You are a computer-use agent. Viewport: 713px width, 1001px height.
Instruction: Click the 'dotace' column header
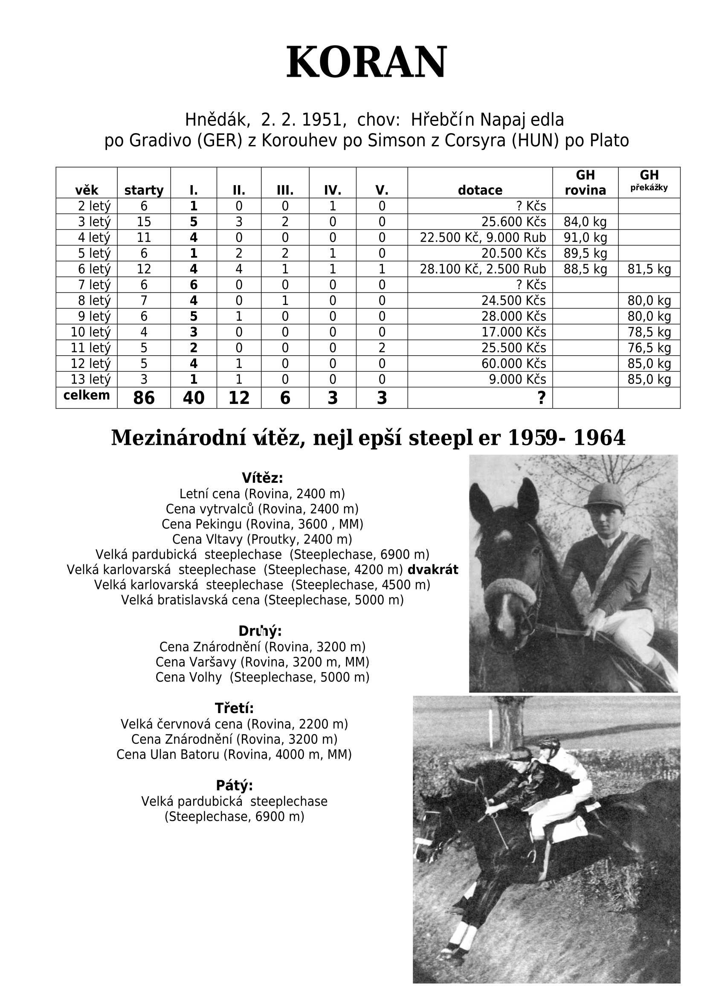[x=479, y=190]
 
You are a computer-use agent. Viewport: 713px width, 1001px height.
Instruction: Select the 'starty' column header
[x=144, y=190]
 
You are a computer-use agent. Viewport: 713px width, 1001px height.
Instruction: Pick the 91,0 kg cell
[x=585, y=238]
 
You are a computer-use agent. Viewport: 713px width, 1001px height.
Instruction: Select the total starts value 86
[x=144, y=398]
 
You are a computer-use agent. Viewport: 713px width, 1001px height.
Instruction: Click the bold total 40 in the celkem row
[x=194, y=398]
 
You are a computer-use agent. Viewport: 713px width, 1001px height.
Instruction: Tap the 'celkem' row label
[x=87, y=395]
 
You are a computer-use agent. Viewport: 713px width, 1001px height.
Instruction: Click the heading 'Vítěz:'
[x=262, y=478]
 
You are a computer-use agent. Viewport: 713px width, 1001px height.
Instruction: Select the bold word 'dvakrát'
[x=432, y=570]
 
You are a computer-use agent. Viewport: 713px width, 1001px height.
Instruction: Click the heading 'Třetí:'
[x=234, y=708]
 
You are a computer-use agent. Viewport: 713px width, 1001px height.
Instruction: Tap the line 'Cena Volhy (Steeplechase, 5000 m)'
[x=262, y=677]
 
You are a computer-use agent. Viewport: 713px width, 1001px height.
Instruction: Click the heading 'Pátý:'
[x=234, y=786]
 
